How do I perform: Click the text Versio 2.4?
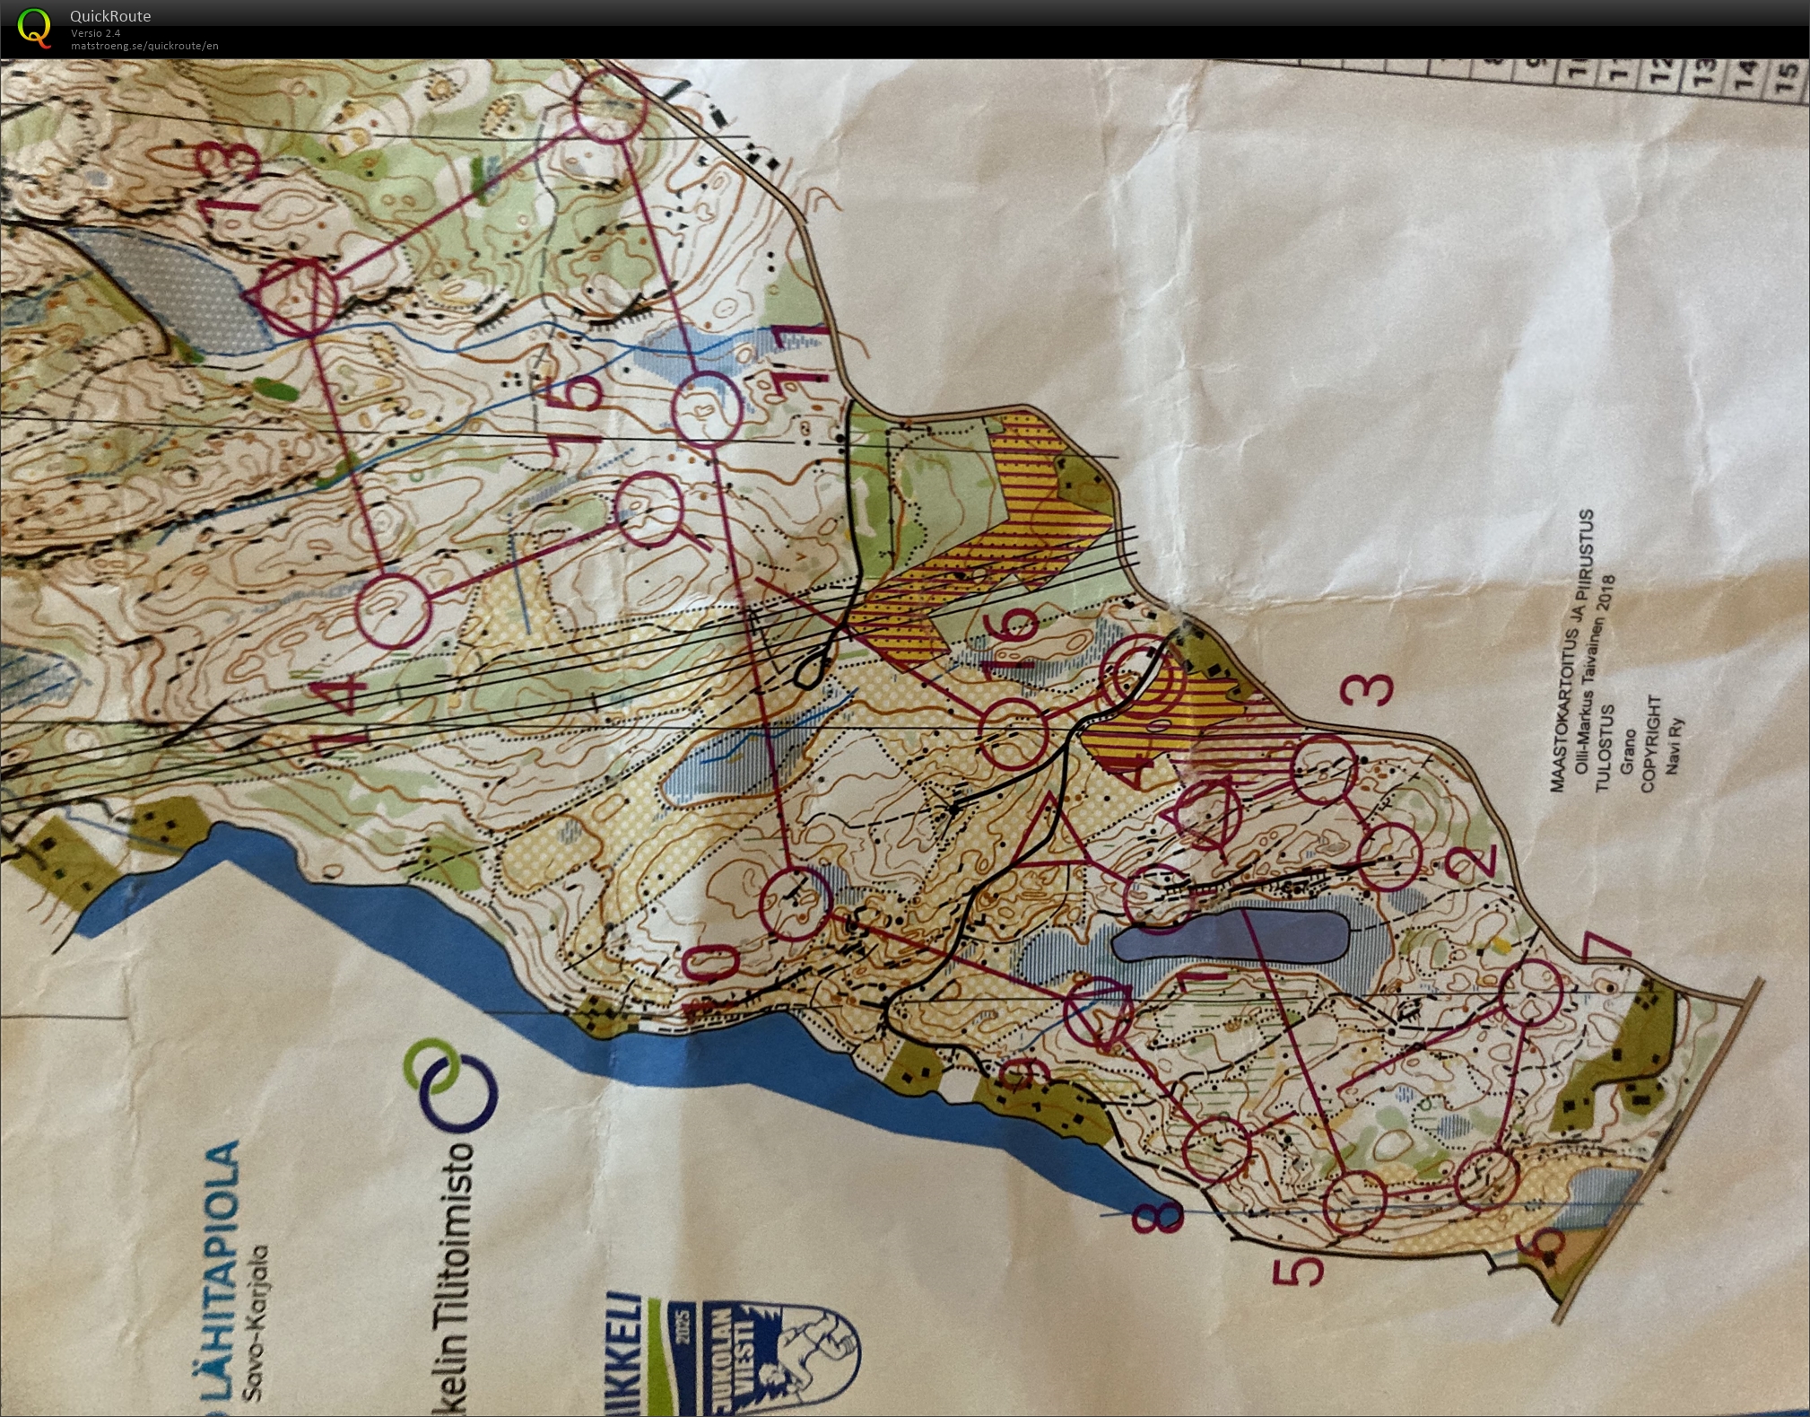coord(95,33)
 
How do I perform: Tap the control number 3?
coord(1369,689)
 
